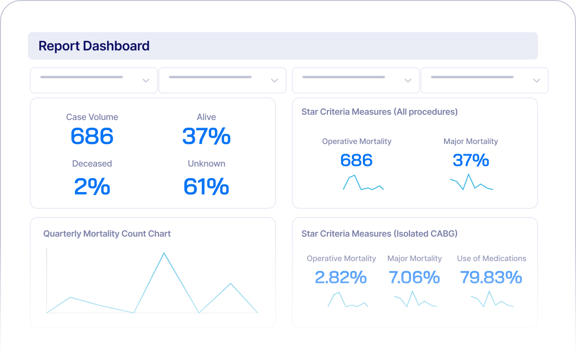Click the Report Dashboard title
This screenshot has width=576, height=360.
pos(94,46)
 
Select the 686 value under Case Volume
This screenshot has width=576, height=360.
pos(92,136)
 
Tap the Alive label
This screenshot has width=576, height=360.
pos(206,117)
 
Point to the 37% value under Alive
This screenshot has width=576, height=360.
pos(206,136)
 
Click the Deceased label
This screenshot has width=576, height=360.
pos(92,164)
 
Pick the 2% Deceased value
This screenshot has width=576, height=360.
pos(92,186)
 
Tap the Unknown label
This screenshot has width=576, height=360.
pos(206,164)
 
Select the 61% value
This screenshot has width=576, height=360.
pos(206,186)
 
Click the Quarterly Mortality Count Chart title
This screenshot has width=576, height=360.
pos(107,234)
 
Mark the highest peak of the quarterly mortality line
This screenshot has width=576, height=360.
pos(164,253)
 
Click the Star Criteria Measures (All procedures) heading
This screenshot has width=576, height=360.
pos(379,112)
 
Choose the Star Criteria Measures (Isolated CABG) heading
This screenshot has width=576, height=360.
pos(379,234)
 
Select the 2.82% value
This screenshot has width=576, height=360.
pos(341,277)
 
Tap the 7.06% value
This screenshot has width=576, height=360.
pos(414,277)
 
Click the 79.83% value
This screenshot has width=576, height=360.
pos(491,277)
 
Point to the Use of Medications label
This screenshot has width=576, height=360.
pos(492,259)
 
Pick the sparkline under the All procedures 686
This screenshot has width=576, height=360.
pos(363,183)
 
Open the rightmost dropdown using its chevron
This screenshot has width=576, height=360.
pos(537,81)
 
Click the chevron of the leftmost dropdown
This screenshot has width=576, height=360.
pos(146,81)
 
